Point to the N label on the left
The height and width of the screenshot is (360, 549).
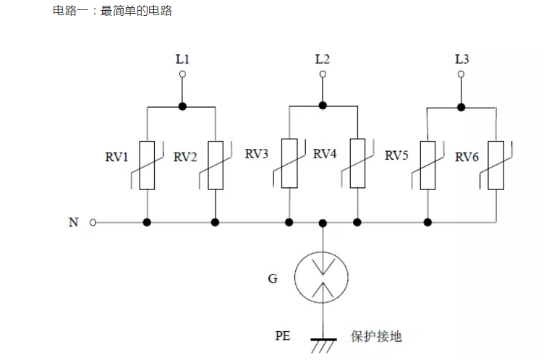pyautogui.click(x=73, y=223)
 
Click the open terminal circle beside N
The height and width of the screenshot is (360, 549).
pyautogui.click(x=93, y=223)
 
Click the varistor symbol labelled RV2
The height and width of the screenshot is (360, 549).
pyautogui.click(x=216, y=165)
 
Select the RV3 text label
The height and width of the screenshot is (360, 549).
pyautogui.click(x=256, y=154)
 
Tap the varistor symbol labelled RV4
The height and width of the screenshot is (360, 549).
pyautogui.click(x=357, y=163)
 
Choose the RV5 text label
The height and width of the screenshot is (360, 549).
pyautogui.click(x=396, y=155)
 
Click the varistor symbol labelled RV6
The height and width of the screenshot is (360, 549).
pyautogui.click(x=496, y=166)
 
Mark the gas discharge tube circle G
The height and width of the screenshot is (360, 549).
pyautogui.click(x=323, y=278)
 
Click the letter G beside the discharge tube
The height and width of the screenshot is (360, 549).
pyautogui.click(x=273, y=277)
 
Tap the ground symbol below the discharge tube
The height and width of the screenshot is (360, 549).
pyautogui.click(x=323, y=343)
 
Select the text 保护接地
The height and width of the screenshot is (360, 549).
pyautogui.click(x=376, y=336)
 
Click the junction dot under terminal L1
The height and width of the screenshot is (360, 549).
pyautogui.click(x=183, y=107)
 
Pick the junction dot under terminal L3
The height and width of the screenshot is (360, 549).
pyautogui.click(x=461, y=107)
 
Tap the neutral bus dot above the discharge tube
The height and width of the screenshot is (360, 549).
pyautogui.click(x=323, y=223)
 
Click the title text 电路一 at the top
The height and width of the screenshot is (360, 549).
pyautogui.click(x=69, y=11)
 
